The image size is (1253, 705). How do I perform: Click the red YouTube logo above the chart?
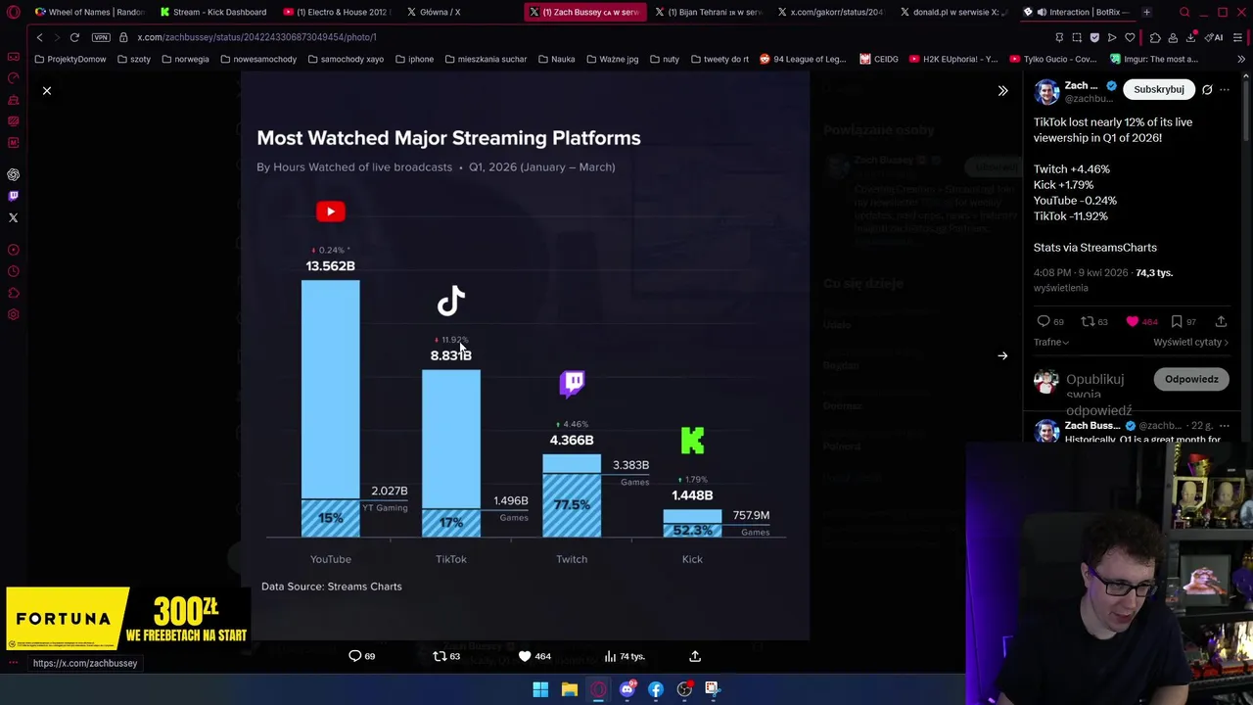331,211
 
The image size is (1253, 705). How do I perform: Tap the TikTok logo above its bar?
450,301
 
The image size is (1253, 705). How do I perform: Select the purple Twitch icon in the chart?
573,383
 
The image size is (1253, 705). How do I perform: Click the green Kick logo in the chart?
692,441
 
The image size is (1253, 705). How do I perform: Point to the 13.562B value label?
330,266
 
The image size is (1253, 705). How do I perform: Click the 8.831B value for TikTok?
450,355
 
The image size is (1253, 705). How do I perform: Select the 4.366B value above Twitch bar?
572,441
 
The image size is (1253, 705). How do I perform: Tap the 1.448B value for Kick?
692,495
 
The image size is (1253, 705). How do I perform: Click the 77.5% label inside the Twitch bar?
572,505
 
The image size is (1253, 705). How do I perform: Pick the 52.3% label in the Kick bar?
692,530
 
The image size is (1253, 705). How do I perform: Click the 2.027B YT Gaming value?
390,492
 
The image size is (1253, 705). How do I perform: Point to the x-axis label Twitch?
572,559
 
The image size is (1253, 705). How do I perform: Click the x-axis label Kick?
692,559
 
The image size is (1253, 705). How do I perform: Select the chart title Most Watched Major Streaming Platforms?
448,138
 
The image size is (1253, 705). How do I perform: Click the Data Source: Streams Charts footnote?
331,587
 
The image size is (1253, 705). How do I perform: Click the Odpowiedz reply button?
1191,380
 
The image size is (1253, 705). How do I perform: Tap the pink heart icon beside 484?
1133,321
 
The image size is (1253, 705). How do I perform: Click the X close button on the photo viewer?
46,90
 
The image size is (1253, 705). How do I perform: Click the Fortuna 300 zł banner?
128,619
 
